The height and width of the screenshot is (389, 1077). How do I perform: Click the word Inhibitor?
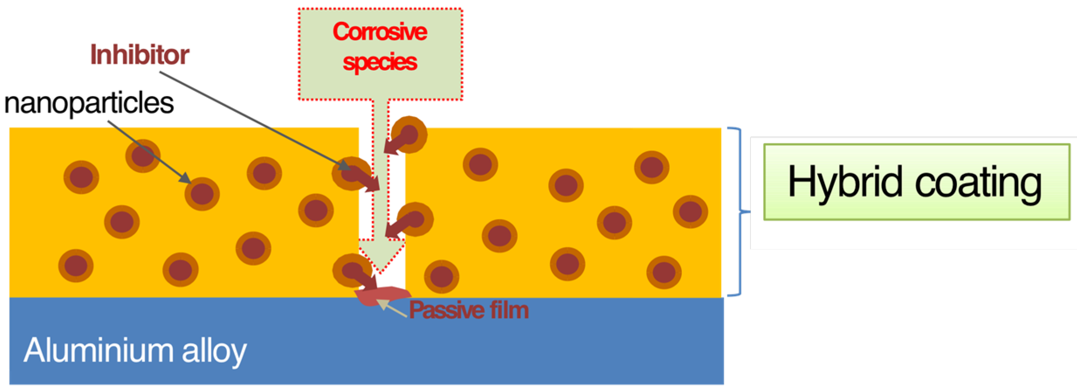click(x=140, y=55)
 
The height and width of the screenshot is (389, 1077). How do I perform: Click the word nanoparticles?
click(x=89, y=103)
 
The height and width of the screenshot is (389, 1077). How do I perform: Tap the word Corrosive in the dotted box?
click(x=380, y=32)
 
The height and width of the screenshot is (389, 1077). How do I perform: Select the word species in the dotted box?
click(x=380, y=62)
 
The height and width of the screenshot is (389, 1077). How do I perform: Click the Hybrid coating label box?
click(x=916, y=182)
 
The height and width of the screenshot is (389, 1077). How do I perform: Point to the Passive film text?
click(x=468, y=310)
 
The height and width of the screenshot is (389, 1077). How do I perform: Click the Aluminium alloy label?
click(x=135, y=350)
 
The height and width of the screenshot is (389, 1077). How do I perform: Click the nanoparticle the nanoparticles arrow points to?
click(x=202, y=193)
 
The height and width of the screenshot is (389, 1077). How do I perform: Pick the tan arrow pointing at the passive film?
click(x=392, y=309)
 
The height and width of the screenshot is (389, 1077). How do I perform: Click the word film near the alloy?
click(x=509, y=310)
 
